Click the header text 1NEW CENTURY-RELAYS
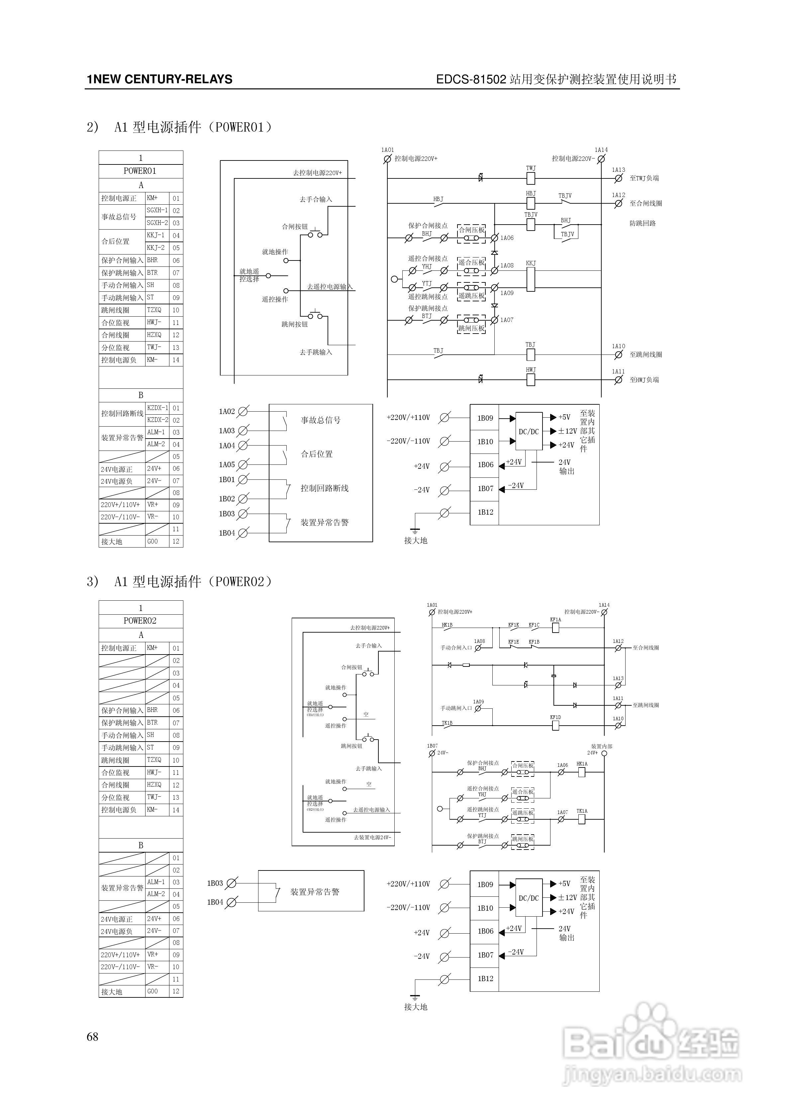(159, 79)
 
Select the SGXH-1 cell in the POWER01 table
(157, 211)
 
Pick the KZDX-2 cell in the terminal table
(157, 420)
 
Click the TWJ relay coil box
(531, 179)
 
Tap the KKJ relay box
(531, 279)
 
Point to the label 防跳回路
(643, 224)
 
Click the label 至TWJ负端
(644, 178)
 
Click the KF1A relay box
(555, 628)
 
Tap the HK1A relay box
(581, 772)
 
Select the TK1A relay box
(581, 819)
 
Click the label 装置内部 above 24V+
(601, 746)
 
